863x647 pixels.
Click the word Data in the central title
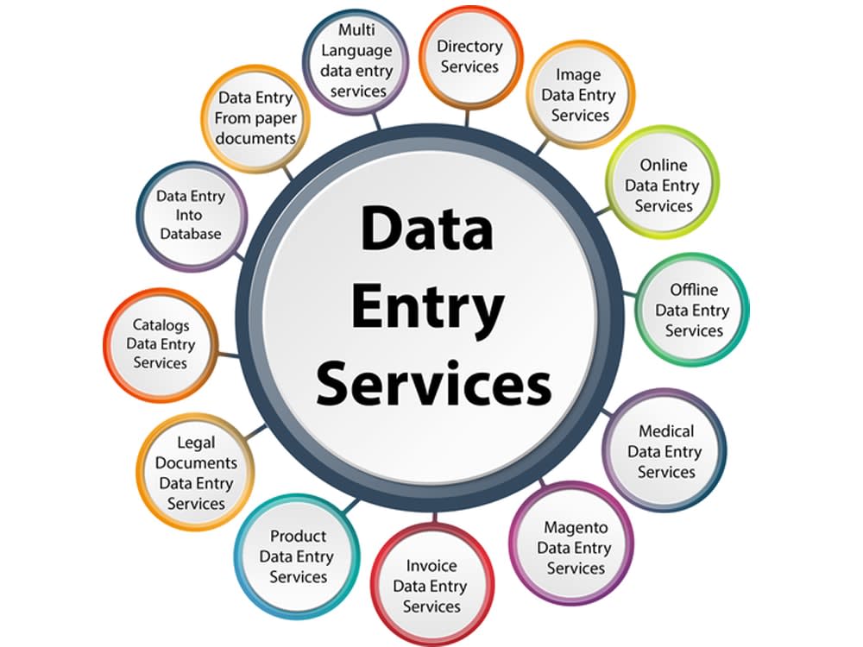[x=426, y=227]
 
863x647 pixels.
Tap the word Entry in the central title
[x=428, y=306]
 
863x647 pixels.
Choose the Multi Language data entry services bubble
[x=356, y=60]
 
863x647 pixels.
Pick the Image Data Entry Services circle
[x=579, y=95]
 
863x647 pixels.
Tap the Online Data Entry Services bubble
[x=662, y=185]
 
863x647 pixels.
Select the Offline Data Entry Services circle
[x=692, y=311]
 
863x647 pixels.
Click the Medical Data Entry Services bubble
[x=665, y=451]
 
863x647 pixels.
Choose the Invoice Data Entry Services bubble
[x=431, y=587]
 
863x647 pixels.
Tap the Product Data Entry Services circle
[x=297, y=556]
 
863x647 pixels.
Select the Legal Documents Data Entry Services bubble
[x=196, y=473]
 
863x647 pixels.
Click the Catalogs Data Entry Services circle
[x=161, y=344]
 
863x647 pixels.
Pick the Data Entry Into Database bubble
[x=191, y=216]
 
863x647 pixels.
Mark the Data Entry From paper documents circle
[x=256, y=117]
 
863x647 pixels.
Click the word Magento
[x=576, y=528]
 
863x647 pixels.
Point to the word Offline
[x=694, y=289]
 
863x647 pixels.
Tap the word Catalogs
[x=161, y=325]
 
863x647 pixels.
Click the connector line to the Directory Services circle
[x=467, y=117]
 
